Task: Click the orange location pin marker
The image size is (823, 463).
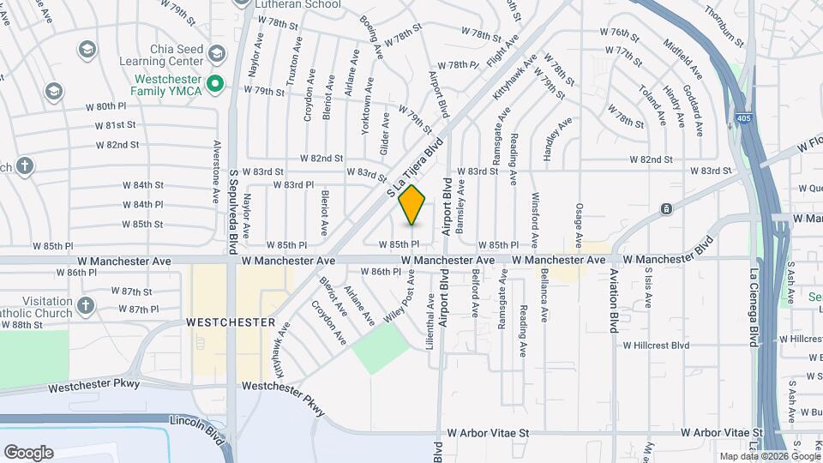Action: click(x=412, y=204)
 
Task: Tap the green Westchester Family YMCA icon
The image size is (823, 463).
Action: click(x=216, y=84)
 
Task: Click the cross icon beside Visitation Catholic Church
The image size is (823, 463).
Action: click(x=85, y=304)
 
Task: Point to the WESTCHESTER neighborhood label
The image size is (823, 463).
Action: click(x=231, y=323)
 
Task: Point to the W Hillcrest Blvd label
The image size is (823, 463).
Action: click(x=656, y=346)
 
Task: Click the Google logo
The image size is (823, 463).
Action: click(x=27, y=453)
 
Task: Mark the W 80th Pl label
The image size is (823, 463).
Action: click(x=105, y=106)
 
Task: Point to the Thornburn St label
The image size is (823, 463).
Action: click(x=724, y=23)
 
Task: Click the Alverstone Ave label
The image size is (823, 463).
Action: click(x=217, y=171)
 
